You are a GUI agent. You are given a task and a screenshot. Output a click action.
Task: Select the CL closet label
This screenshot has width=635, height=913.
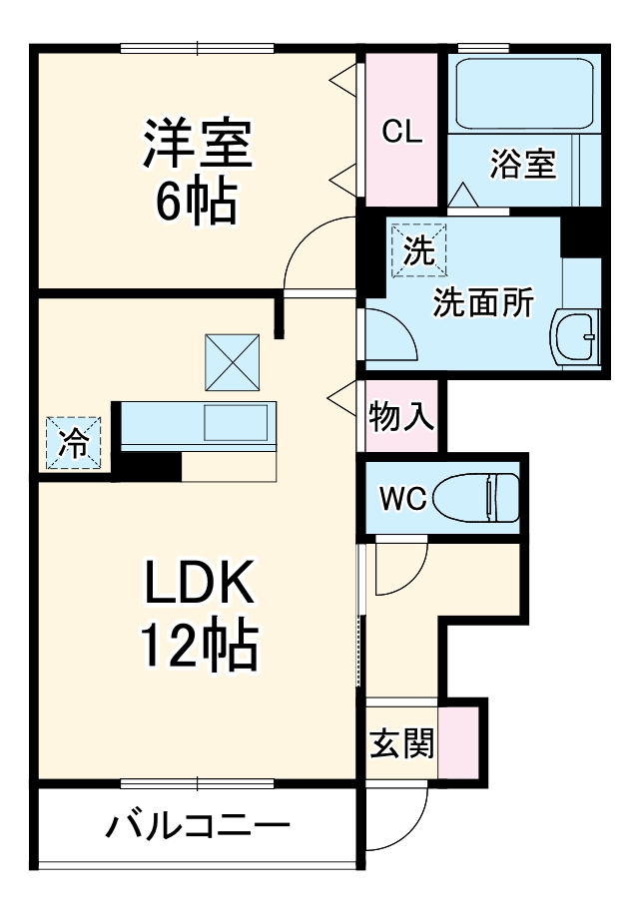tap(403, 131)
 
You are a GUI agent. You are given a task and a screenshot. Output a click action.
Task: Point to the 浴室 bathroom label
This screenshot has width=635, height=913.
tap(522, 163)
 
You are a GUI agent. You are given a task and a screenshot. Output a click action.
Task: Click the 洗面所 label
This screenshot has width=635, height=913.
tap(482, 302)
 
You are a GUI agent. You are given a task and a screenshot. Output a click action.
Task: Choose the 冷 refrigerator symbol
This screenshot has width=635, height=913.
tap(73, 442)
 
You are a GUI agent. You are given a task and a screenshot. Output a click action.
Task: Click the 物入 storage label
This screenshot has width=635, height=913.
tap(401, 415)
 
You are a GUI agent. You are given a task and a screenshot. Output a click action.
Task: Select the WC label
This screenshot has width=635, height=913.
tap(401, 496)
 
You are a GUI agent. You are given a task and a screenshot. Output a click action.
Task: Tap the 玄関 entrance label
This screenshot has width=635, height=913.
tap(401, 742)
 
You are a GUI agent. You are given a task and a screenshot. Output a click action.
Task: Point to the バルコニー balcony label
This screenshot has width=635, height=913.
tap(198, 827)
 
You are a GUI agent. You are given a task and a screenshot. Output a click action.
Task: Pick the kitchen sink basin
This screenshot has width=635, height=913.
tap(236, 423)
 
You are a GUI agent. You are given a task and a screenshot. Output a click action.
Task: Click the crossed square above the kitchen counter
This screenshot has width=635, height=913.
tap(234, 361)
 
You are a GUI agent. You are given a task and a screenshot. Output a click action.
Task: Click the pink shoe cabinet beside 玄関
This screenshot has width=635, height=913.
tap(458, 742)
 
